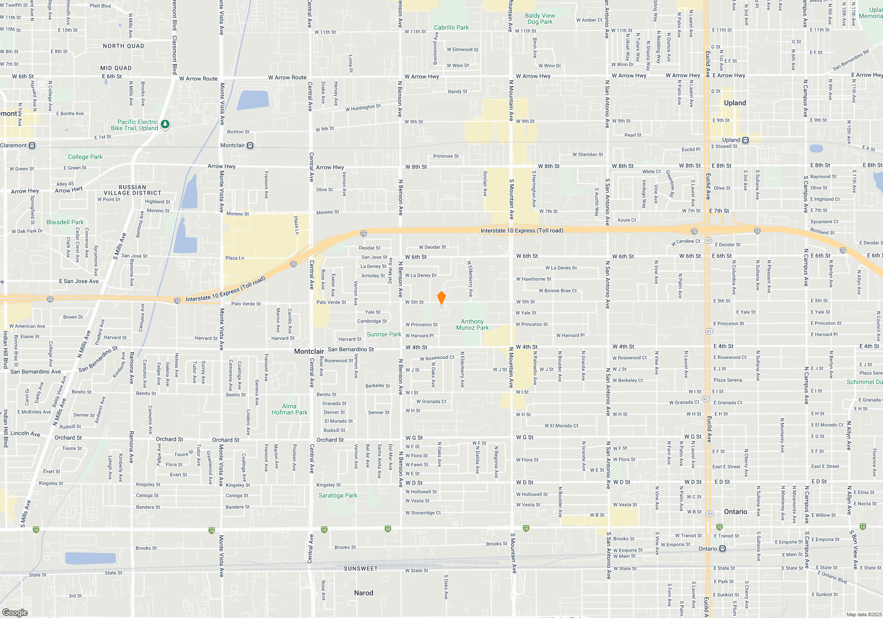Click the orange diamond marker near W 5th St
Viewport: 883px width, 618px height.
pyautogui.click(x=441, y=298)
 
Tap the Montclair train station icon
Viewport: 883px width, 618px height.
pyautogui.click(x=250, y=146)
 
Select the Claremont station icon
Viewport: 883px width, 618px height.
pyautogui.click(x=32, y=146)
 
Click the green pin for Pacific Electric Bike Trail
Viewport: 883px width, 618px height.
pyautogui.click(x=165, y=124)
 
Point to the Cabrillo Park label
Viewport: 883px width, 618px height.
pyautogui.click(x=451, y=27)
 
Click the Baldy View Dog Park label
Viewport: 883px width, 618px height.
pyautogui.click(x=540, y=19)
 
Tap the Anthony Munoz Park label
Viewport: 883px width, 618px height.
pyautogui.click(x=472, y=324)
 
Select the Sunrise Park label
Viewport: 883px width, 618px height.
pyautogui.click(x=384, y=334)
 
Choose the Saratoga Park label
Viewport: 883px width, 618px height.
pyautogui.click(x=338, y=495)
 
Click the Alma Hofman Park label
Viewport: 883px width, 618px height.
pyautogui.click(x=289, y=409)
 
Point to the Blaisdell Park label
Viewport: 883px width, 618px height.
pyautogui.click(x=65, y=222)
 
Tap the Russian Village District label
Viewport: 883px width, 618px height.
pyautogui.click(x=132, y=190)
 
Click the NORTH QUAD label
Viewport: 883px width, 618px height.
pyautogui.click(x=123, y=46)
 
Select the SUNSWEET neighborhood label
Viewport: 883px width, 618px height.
pyautogui.click(x=361, y=569)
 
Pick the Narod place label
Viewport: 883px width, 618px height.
pyautogui.click(x=363, y=593)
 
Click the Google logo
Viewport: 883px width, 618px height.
pyautogui.click(x=15, y=612)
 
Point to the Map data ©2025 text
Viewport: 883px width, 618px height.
pyautogui.click(x=864, y=614)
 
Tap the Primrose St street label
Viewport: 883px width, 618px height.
pyautogui.click(x=445, y=156)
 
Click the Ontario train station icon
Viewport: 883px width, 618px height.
pyautogui.click(x=722, y=549)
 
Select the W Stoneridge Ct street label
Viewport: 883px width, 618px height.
pyautogui.click(x=423, y=513)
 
